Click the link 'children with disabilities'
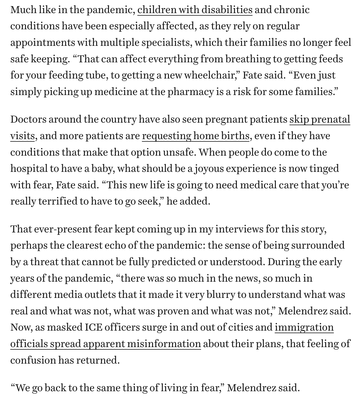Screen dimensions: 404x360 click(x=195, y=10)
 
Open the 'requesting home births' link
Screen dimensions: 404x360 click(x=196, y=136)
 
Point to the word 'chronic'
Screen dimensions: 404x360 click(x=292, y=10)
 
